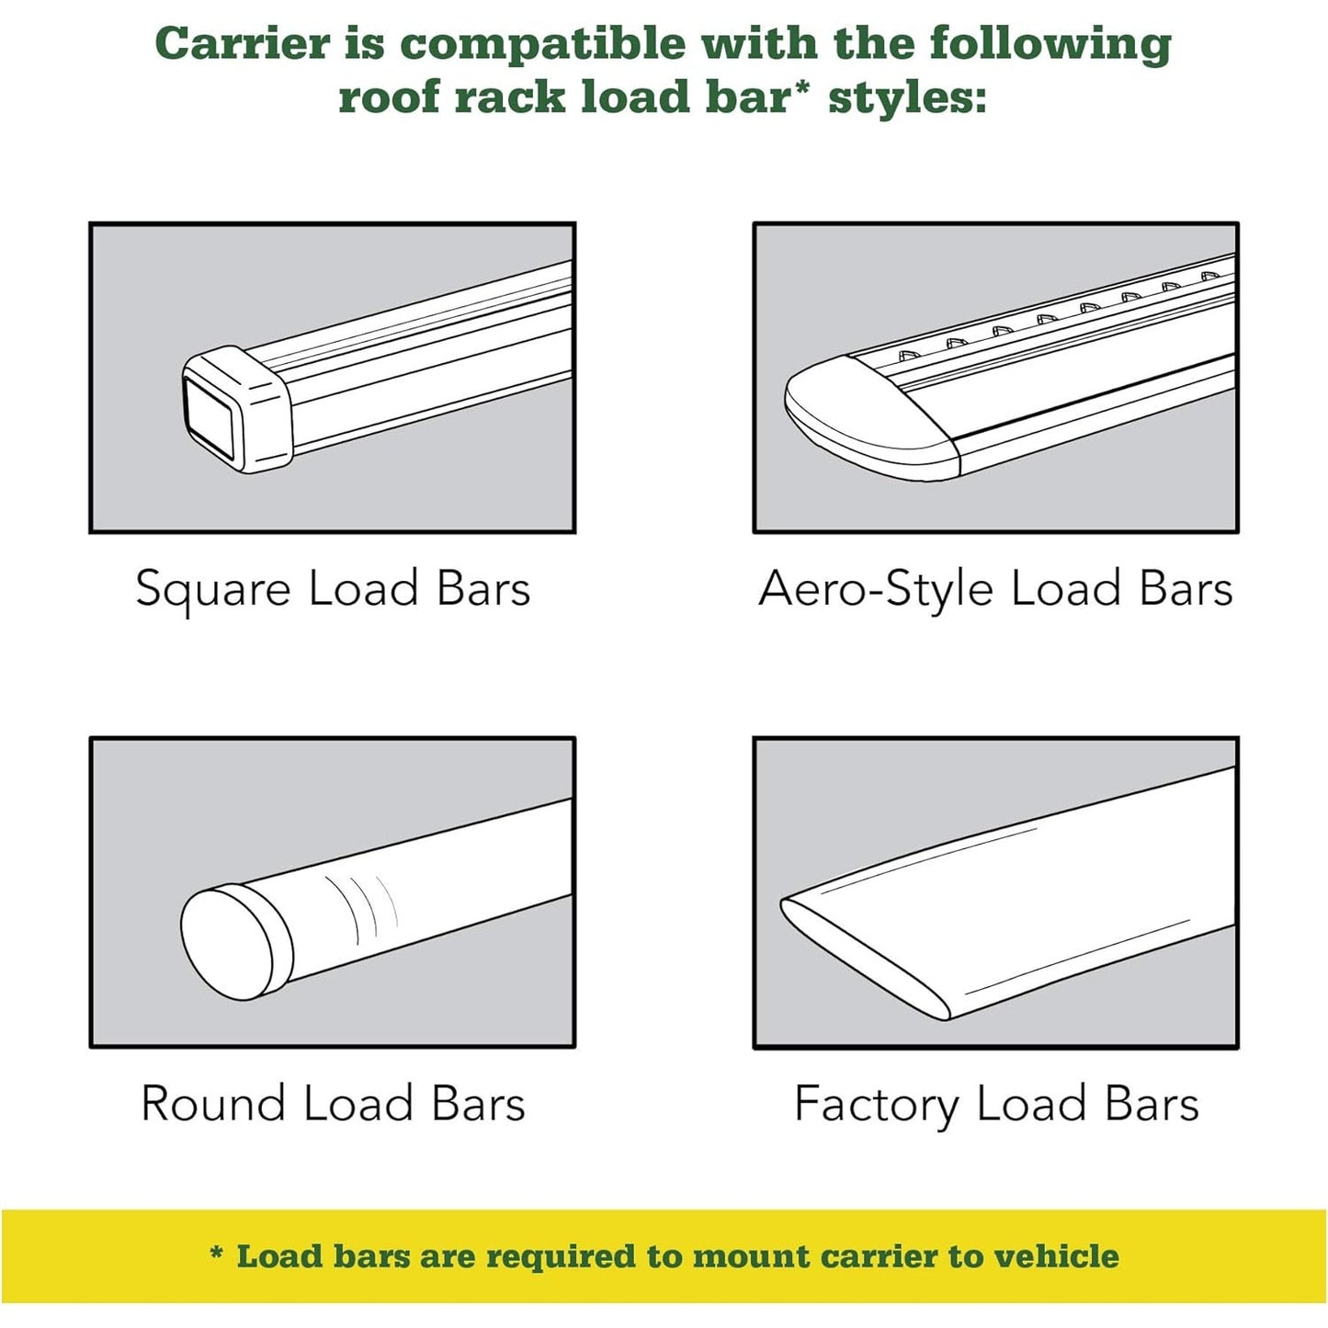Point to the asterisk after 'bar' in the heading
pos(799,88)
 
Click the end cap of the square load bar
pos(236,408)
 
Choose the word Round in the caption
pos(213,1104)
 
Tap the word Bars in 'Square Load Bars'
pos(483,588)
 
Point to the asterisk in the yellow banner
pos(216,1251)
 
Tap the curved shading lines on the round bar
pos(361,908)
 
